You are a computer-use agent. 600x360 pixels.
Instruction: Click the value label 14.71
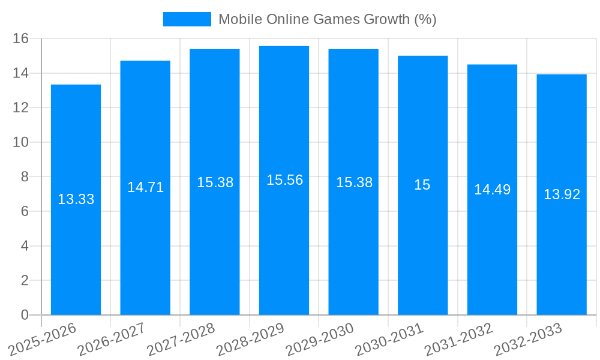tap(145, 187)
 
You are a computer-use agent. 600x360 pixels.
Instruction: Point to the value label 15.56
tap(284, 180)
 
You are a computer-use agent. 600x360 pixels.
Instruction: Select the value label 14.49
tap(492, 190)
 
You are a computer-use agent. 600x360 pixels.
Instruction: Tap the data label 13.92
tap(562, 194)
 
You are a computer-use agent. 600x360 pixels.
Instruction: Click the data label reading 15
tap(422, 185)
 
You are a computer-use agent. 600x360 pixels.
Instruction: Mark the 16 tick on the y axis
tap(21, 38)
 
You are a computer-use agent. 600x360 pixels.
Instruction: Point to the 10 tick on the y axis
tap(21, 142)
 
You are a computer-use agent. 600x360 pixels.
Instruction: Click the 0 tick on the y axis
tap(25, 315)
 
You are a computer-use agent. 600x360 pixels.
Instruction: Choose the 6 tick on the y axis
tap(25, 211)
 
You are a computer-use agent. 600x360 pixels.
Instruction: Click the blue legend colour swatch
tap(187, 19)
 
